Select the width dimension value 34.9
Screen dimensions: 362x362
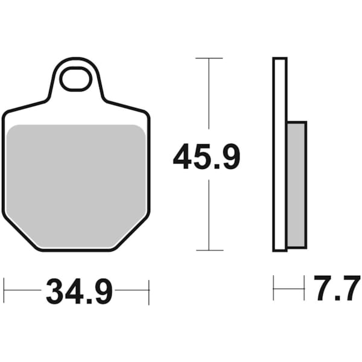79,293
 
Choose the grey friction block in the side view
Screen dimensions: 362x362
297,184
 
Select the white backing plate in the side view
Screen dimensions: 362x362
279,154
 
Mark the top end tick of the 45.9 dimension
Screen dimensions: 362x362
208,59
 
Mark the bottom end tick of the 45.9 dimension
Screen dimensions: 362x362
208,250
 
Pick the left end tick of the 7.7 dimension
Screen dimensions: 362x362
274,288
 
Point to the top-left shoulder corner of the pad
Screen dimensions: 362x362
7,112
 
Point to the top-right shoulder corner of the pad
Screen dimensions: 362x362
145,112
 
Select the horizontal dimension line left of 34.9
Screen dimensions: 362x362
24,290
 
